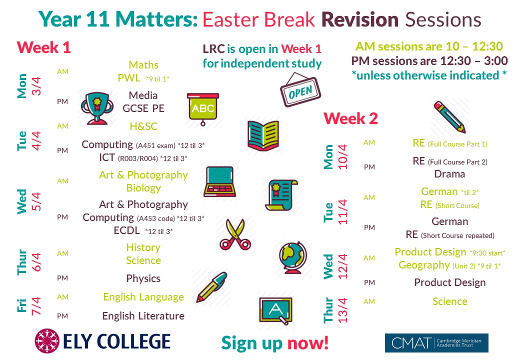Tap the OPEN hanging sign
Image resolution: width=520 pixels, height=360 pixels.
300,89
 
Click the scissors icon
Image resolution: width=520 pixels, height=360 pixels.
235,234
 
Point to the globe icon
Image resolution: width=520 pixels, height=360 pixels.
293,257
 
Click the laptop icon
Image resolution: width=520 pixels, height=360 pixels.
220,182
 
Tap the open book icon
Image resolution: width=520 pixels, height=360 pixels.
263,135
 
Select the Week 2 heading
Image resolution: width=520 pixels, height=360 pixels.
350,118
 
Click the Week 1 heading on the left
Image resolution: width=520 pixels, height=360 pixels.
44,47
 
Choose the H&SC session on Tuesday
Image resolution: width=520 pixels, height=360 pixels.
143,126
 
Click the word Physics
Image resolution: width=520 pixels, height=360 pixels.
143,278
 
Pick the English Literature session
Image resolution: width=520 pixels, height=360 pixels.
143,316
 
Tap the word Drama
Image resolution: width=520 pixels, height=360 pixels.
449,174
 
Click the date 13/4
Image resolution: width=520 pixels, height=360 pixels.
342,310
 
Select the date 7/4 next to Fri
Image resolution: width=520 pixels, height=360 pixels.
36,306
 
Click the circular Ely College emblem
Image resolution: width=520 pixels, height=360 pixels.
47,341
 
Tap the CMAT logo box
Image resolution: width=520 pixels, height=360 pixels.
436,343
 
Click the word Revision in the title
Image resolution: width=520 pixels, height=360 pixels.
360,19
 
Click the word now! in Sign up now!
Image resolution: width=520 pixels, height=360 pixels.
308,343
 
